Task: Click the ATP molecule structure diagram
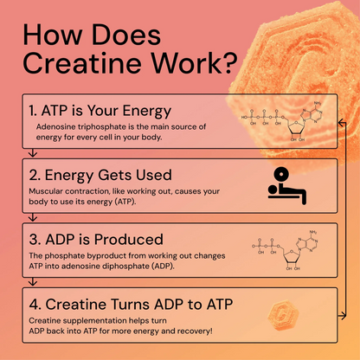290,120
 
